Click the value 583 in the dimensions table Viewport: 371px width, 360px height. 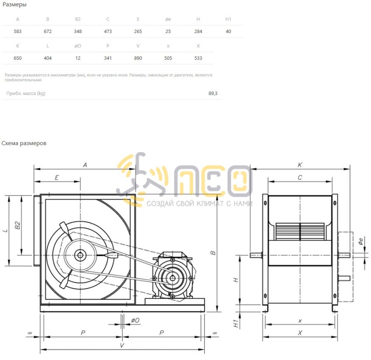click(x=17, y=31)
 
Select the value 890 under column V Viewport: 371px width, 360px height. click(x=138, y=58)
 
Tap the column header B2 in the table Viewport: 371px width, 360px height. click(x=78, y=19)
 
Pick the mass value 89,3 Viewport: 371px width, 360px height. click(x=213, y=94)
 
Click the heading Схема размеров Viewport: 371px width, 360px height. click(x=24, y=144)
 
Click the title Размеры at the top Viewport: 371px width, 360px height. click(x=14, y=5)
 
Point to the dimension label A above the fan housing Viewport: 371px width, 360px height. click(x=85, y=165)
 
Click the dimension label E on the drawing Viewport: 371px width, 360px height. click(x=57, y=177)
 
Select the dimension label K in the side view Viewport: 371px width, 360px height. click(x=300, y=165)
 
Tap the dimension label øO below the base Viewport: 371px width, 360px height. click(x=135, y=320)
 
